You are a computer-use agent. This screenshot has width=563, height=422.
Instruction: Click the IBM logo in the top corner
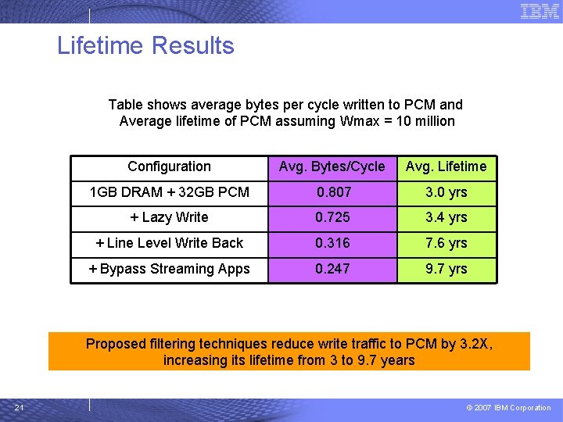tap(540, 11)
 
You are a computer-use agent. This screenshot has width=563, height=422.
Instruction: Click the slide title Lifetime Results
tap(145, 45)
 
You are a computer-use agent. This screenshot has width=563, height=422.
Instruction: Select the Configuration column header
tap(169, 166)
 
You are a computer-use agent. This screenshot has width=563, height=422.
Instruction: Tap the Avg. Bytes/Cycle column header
tap(332, 166)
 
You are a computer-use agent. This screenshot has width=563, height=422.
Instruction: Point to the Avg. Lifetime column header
tap(446, 166)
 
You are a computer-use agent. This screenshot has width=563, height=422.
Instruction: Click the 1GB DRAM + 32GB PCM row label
tap(169, 192)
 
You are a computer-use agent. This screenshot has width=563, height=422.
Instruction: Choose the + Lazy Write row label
tap(169, 217)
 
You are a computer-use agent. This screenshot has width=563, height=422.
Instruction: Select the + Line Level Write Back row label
tap(169, 243)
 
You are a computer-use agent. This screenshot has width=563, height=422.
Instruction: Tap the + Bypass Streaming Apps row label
tap(169, 269)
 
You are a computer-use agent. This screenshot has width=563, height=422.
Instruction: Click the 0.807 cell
tap(333, 192)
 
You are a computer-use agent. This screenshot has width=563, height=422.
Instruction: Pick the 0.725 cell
tap(332, 217)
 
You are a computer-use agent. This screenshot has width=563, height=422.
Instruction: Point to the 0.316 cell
tap(332, 243)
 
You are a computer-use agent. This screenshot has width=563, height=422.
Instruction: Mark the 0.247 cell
tap(332, 269)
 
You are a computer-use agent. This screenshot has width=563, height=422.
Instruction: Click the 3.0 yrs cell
tap(446, 192)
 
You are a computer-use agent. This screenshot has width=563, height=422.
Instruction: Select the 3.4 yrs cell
tap(446, 217)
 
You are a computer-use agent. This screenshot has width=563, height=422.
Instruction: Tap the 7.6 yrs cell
tap(446, 243)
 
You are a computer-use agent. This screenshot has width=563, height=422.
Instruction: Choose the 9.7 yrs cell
tap(446, 269)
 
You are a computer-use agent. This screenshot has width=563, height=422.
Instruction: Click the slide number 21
tap(19, 407)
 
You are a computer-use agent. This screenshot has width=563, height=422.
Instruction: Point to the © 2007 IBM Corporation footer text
tap(508, 408)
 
